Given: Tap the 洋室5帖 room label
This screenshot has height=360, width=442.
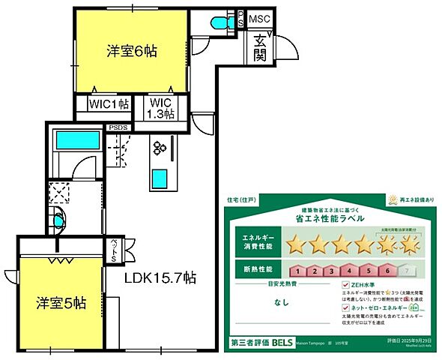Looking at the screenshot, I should [x=61, y=304].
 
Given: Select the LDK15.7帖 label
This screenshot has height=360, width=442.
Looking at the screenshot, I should [x=160, y=277].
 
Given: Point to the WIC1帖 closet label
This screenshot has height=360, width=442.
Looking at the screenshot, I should [x=109, y=105].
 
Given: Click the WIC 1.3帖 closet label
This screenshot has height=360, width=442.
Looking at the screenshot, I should [x=160, y=109].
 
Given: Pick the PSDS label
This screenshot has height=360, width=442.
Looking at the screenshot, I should [x=119, y=127].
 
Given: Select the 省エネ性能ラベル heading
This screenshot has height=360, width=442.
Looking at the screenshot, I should [x=331, y=218].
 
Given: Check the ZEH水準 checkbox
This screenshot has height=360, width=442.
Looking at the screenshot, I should [x=345, y=286].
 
